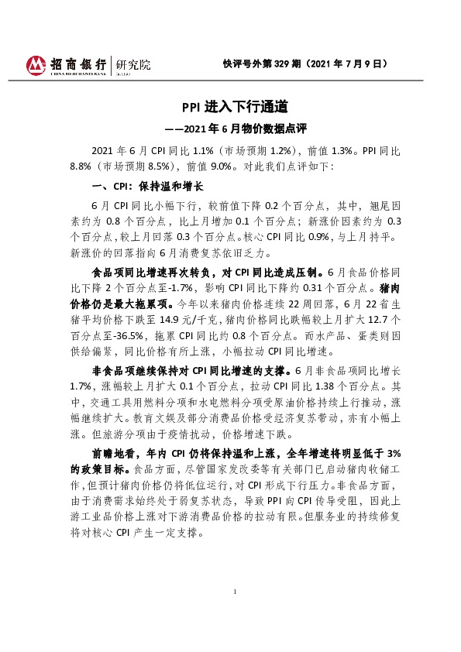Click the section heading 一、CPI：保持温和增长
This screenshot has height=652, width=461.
coord(147,187)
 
